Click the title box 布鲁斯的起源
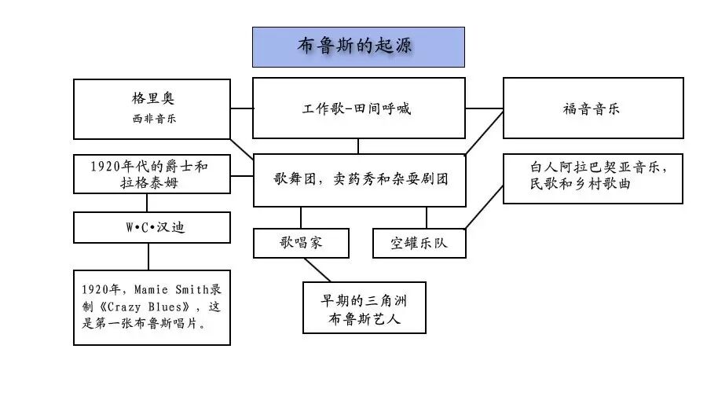(x=357, y=46)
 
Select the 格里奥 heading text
(x=153, y=100)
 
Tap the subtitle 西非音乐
(x=153, y=119)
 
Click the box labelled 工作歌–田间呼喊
(x=357, y=108)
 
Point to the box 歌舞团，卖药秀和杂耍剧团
(x=357, y=179)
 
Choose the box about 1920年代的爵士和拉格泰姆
(x=152, y=174)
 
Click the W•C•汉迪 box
(x=152, y=227)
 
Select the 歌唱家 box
(x=301, y=243)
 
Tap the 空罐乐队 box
(x=419, y=243)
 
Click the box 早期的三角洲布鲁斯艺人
(x=364, y=307)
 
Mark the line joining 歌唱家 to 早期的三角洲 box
(x=318, y=270)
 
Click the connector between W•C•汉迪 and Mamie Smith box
(x=148, y=255)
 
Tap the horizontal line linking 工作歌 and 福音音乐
(x=484, y=108)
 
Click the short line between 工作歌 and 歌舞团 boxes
(x=358, y=145)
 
